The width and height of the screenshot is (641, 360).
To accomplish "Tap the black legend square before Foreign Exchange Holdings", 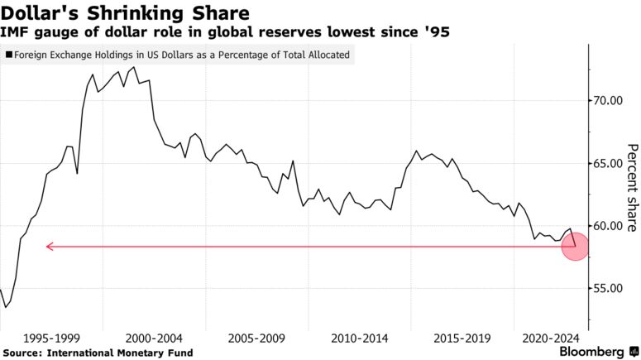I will tap(8, 56).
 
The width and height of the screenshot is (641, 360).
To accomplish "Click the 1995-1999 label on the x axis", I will tap(52, 338).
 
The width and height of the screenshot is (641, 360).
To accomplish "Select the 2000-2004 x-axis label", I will tap(154, 338).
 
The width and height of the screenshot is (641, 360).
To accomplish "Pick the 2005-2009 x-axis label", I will tap(256, 338).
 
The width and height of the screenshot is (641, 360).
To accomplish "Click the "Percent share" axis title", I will tap(631, 186).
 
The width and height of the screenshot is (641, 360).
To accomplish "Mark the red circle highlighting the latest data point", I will tap(575, 247).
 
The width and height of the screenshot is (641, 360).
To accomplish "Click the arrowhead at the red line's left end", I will tap(49, 246).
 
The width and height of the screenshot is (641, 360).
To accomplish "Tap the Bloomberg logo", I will tap(591, 352).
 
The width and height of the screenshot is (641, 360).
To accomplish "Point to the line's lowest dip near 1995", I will tap(6, 308).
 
